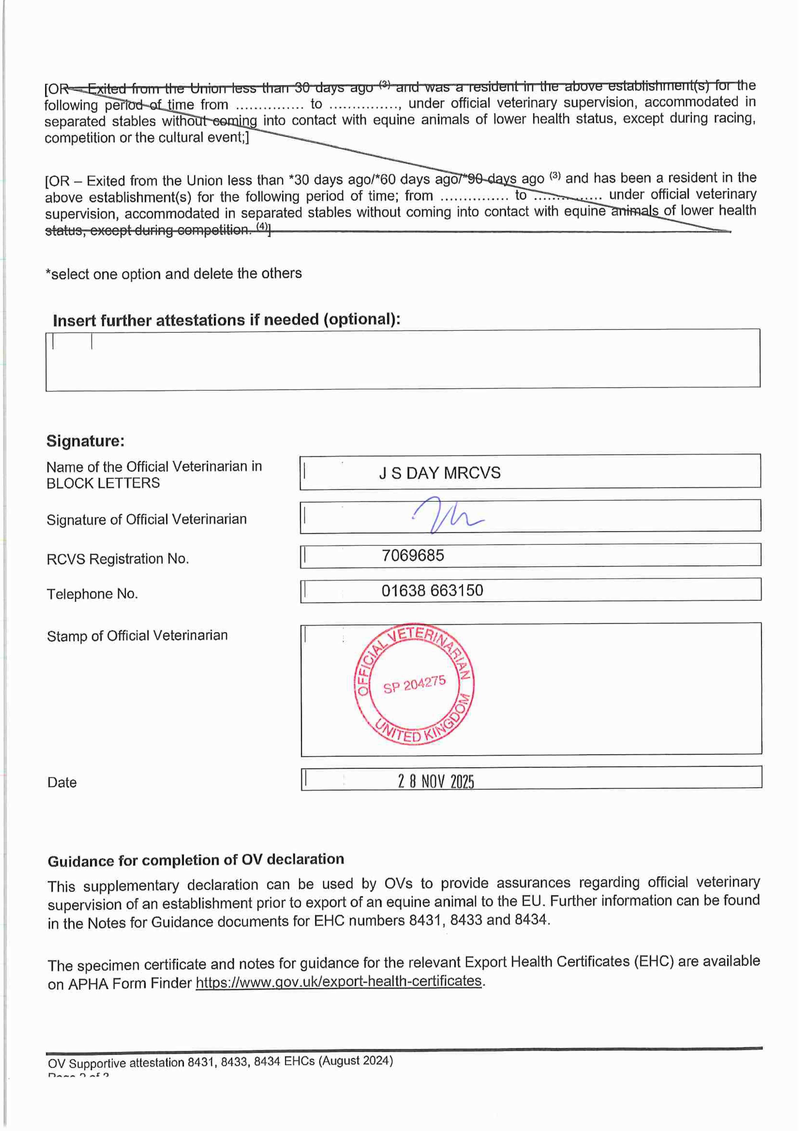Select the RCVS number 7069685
(412, 556)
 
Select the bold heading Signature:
(85, 441)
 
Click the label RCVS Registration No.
(118, 559)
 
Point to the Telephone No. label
(92, 594)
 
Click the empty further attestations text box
(403, 360)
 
